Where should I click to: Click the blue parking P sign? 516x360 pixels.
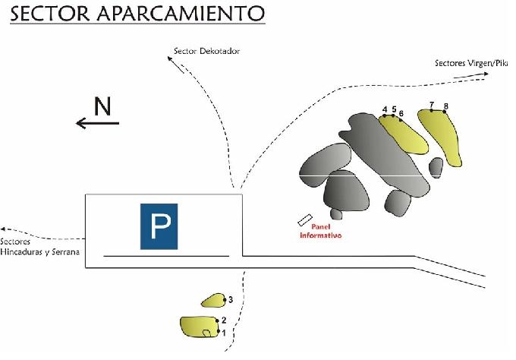(x=159, y=226)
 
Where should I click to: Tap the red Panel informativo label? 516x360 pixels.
(x=319, y=231)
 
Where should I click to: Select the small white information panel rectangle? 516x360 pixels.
(x=305, y=219)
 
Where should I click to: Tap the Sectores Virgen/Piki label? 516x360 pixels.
(x=470, y=63)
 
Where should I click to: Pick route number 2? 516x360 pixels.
(x=223, y=320)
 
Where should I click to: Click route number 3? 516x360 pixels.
(x=229, y=300)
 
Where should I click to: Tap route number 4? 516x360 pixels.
(x=385, y=109)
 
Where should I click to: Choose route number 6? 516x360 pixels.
(x=401, y=113)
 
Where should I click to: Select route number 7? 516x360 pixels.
(x=431, y=104)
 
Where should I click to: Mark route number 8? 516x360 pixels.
(x=446, y=106)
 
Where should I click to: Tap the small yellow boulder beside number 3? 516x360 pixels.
(x=212, y=301)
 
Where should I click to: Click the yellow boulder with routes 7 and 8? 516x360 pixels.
(x=445, y=137)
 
